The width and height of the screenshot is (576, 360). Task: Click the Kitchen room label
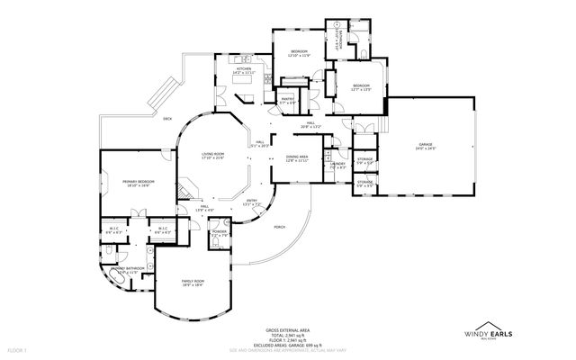(243, 69)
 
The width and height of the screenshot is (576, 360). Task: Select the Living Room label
(212, 155)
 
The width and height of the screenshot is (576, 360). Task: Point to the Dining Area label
(297, 157)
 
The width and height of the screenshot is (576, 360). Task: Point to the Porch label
(280, 227)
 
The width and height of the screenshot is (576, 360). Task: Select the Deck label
(167, 119)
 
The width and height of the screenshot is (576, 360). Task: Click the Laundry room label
(337, 164)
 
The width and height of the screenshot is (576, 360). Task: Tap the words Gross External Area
(287, 330)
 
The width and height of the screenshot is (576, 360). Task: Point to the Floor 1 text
(18, 348)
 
